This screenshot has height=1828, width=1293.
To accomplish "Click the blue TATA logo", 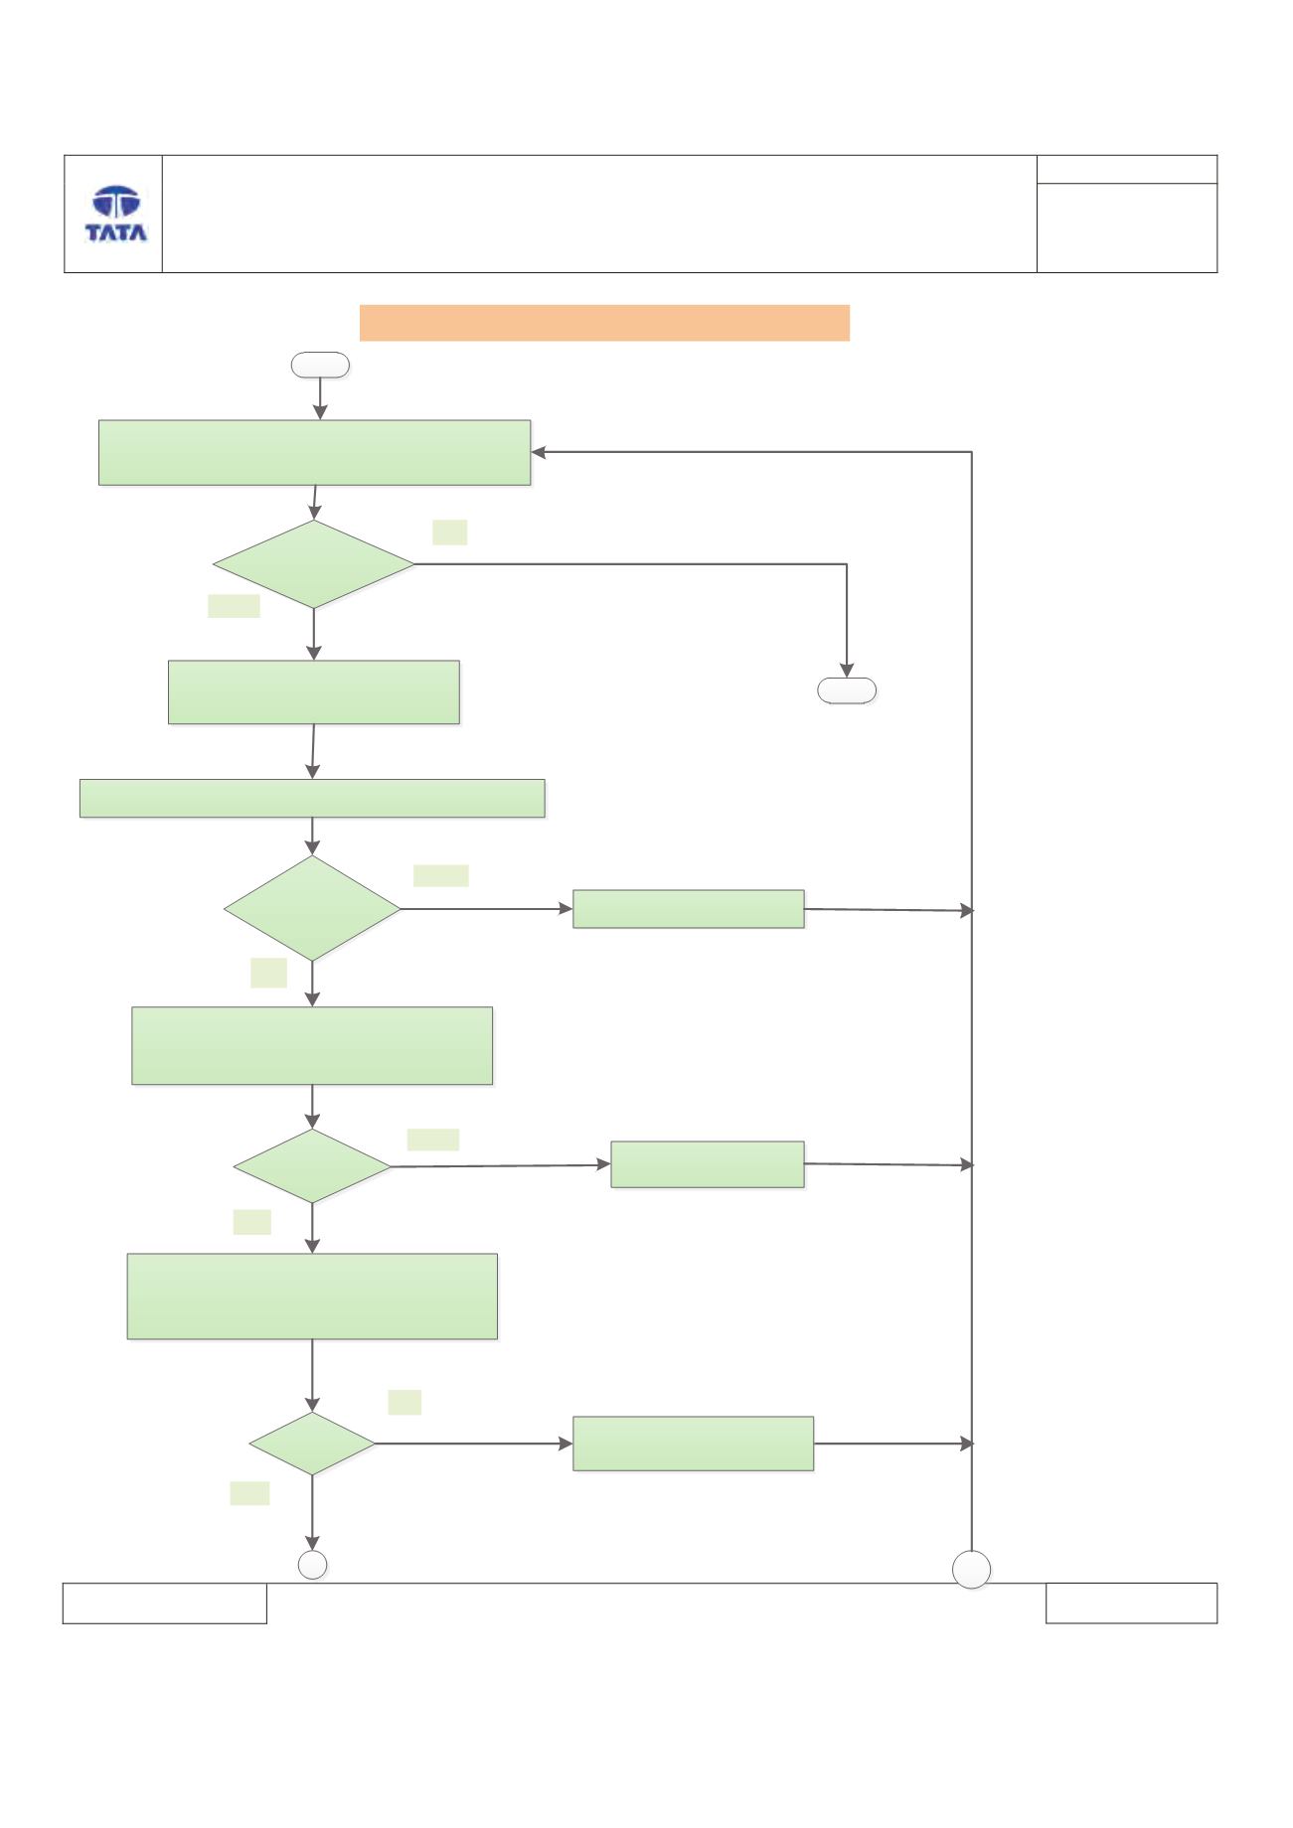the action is point(115,214).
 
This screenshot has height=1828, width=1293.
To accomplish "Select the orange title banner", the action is point(604,323).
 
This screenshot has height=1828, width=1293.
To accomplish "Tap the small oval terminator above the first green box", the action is point(320,366).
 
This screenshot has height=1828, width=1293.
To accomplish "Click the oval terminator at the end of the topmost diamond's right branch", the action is point(847,690).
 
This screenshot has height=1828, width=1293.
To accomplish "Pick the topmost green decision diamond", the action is point(314,564).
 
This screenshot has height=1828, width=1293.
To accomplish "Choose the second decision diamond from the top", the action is point(312,908).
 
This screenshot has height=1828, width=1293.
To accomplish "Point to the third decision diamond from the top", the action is point(312,1166).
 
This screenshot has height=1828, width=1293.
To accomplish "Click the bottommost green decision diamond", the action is point(312,1444).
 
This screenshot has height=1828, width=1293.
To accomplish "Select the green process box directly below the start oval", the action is point(314,452).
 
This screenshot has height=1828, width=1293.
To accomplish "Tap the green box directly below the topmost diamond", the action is point(314,691).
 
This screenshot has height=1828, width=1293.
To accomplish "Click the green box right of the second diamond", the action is point(689,909).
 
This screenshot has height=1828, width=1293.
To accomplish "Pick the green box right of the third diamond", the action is point(708,1164).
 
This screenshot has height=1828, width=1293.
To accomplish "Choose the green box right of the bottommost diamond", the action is point(694,1444).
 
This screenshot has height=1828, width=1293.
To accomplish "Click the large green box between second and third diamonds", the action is point(312,1045).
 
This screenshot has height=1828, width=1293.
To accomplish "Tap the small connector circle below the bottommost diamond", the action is point(313,1565).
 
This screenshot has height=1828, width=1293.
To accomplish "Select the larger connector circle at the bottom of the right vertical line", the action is point(972,1570).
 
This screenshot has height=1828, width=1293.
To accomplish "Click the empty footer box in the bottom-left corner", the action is point(165,1603).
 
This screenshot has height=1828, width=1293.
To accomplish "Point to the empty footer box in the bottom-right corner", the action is point(1132,1603).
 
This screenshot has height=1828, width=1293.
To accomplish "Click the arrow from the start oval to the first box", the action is point(320,398).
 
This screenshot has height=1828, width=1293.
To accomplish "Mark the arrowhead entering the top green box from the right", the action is point(538,452).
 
